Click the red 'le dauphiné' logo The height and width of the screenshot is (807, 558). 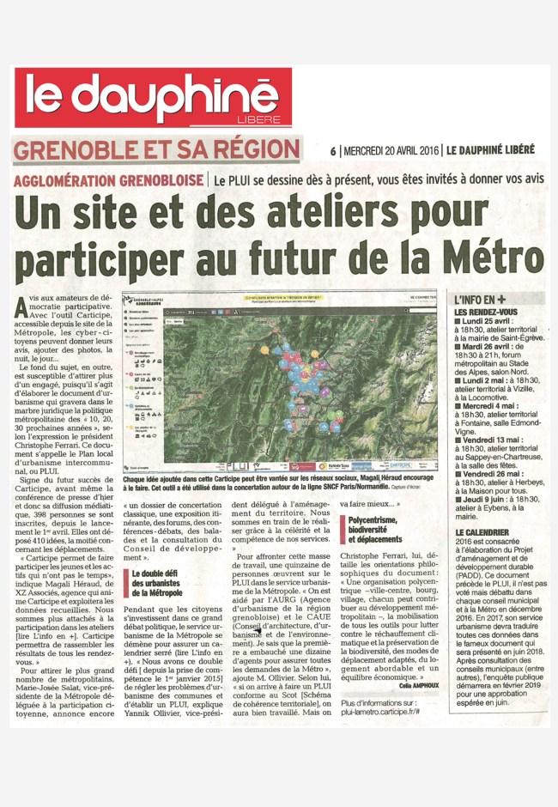[153, 96]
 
